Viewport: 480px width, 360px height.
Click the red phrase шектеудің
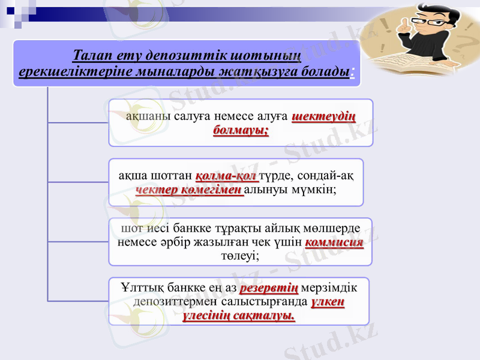[324, 116]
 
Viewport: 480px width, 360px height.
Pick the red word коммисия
[334, 243]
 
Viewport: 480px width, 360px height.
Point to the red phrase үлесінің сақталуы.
[239, 316]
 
